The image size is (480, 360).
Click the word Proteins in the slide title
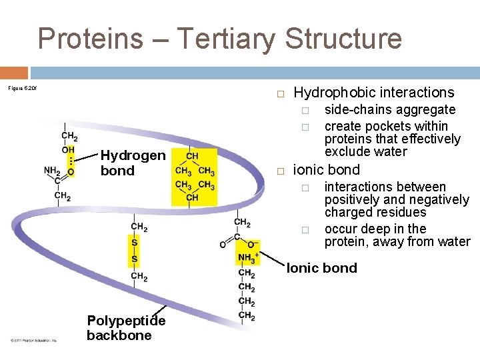pos(91,39)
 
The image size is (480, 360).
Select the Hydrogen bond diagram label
pos(132,163)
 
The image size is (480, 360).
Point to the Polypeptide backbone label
pos(125,327)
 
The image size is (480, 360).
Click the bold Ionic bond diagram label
pos(321,268)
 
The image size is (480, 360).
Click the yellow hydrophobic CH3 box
pos(193,177)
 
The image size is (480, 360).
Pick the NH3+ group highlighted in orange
pos(247,258)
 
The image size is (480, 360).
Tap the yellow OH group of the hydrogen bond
pos(68,150)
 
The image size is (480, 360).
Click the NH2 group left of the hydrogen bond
pos(51,170)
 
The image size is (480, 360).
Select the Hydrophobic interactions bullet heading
pos(373,93)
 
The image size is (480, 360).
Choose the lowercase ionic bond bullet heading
pos(326,170)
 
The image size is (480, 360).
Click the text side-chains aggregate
pos(389,109)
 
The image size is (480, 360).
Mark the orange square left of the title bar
pos(13,72)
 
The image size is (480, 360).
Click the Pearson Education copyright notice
pos(33,340)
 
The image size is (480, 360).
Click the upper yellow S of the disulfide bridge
pos(135,243)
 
